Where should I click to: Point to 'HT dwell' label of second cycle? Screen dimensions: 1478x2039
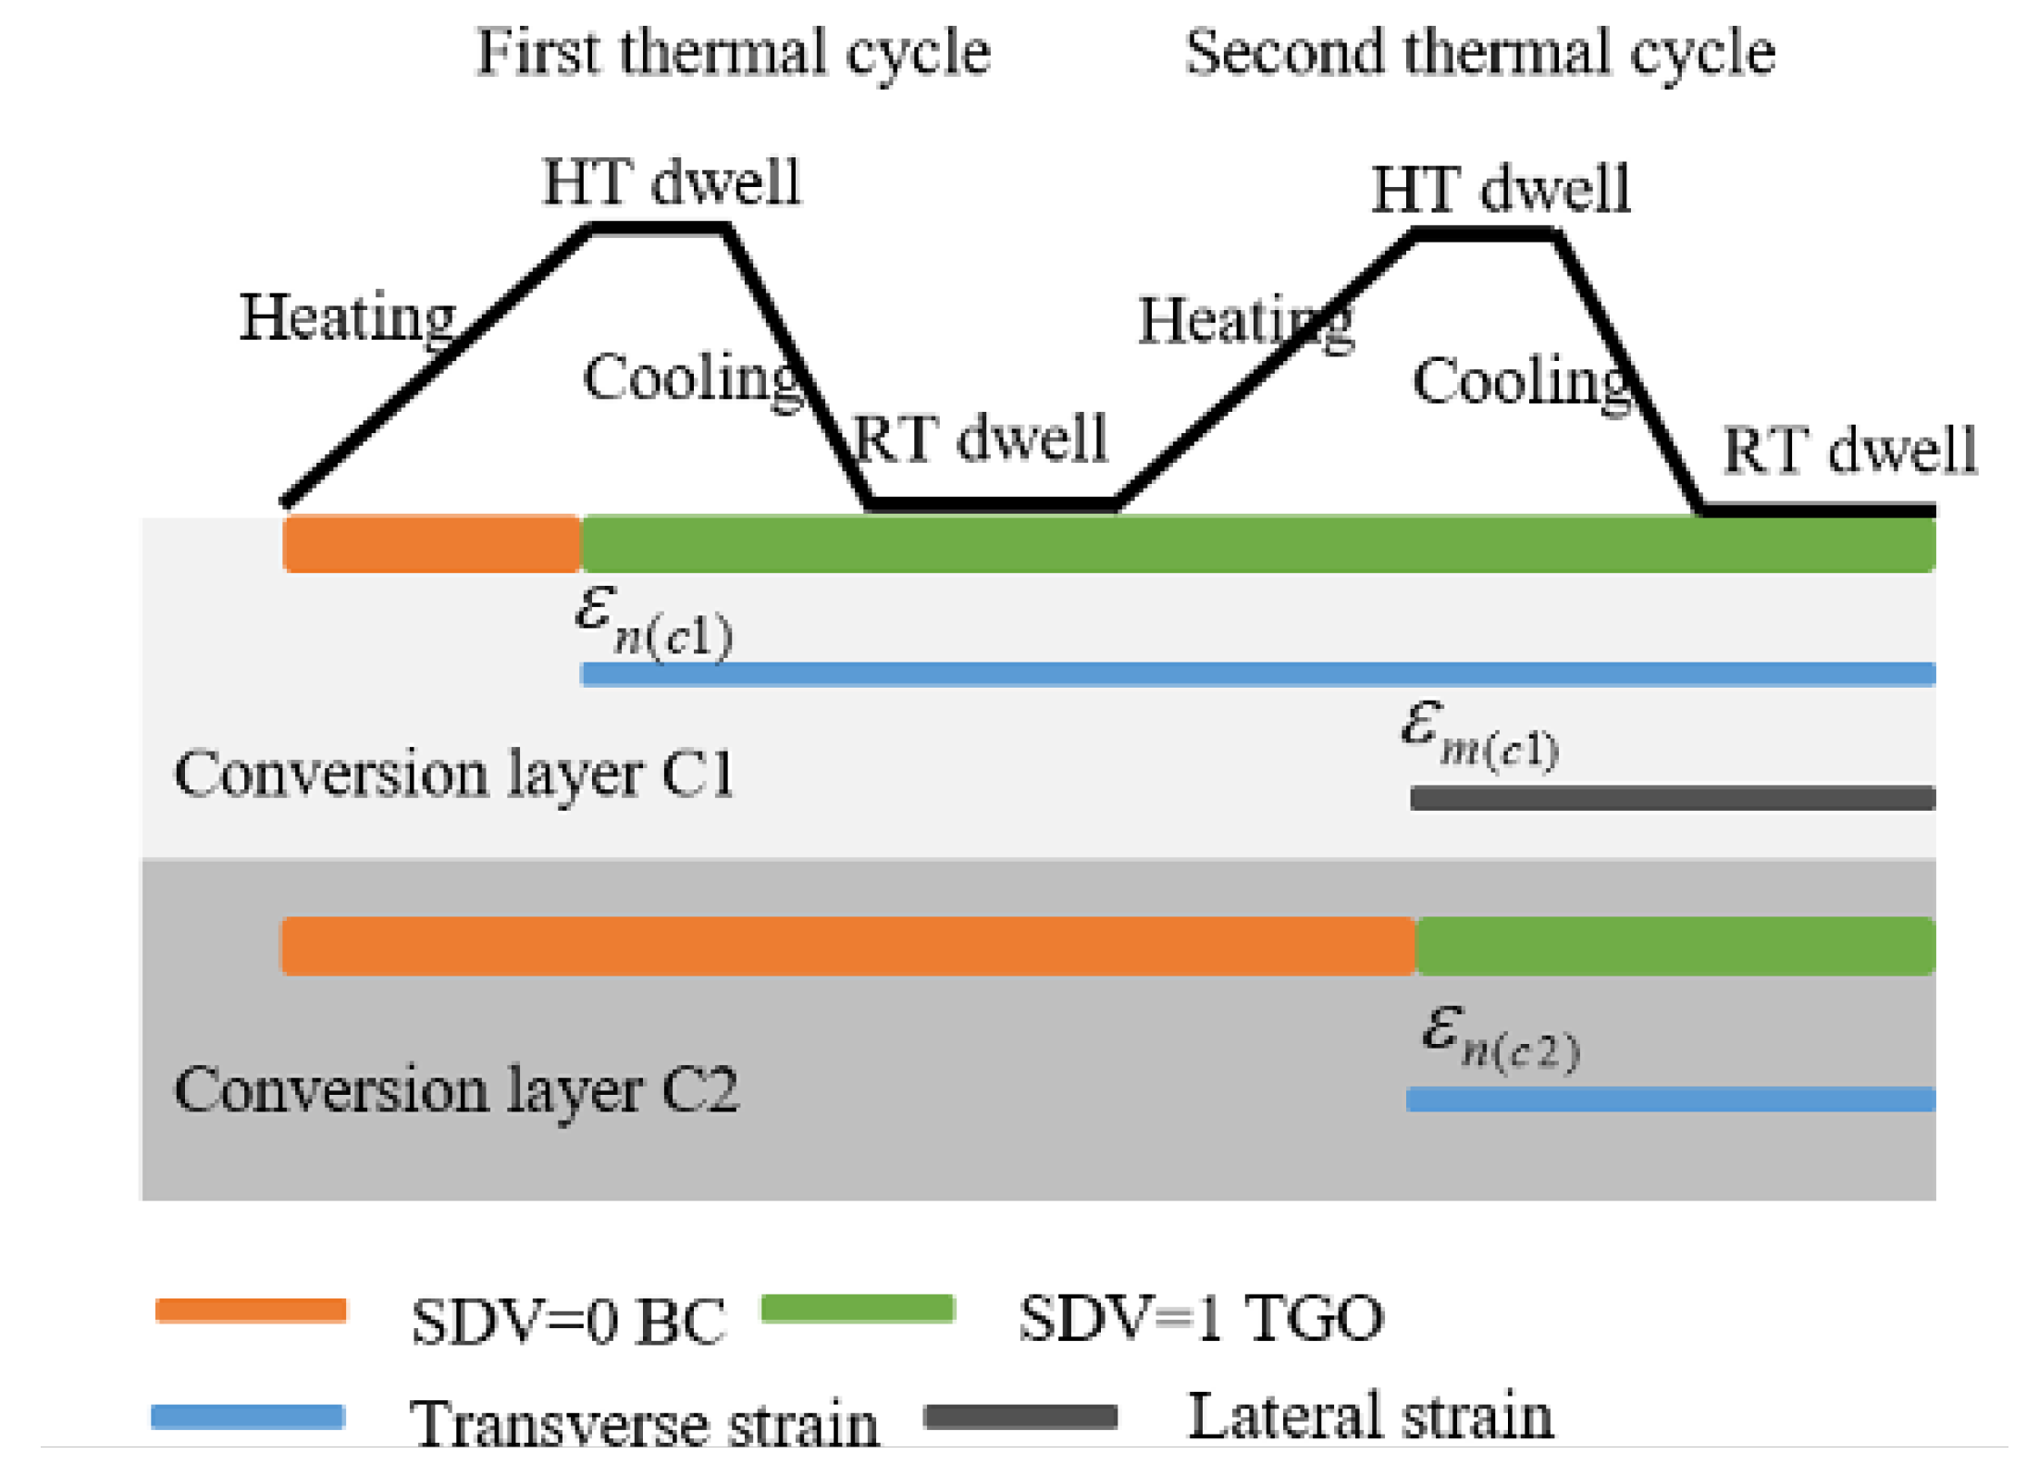point(1500,189)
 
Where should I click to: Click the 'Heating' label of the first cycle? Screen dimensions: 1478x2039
point(348,317)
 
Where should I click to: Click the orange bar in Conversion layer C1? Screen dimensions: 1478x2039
point(431,543)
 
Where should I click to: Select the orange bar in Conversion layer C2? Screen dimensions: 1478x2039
point(847,946)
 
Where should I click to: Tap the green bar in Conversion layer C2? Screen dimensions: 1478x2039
point(1674,946)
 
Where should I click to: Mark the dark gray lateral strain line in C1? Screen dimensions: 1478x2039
point(1672,798)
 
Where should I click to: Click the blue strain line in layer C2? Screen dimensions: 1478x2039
point(1670,1099)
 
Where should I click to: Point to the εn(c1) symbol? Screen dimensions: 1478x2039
point(653,622)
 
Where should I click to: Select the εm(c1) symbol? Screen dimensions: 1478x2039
point(1478,736)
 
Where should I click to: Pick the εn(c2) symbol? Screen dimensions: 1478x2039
point(1500,1038)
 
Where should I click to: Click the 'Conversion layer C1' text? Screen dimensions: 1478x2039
point(453,774)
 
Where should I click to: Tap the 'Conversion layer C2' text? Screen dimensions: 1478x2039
point(456,1089)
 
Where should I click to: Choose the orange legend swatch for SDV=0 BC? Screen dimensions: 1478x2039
point(251,1310)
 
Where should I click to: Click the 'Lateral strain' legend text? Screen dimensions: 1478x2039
point(1370,1415)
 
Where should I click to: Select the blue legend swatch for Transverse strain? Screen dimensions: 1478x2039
point(248,1417)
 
